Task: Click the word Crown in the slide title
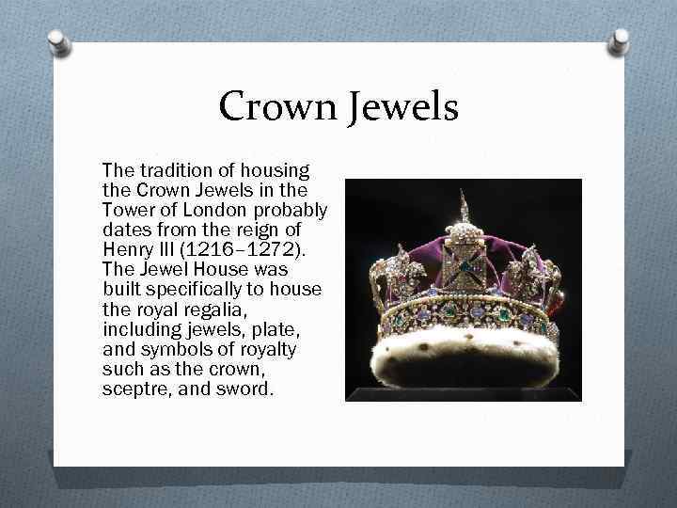click(274, 107)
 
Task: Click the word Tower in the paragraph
click(126, 208)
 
